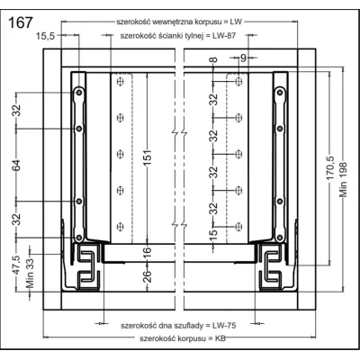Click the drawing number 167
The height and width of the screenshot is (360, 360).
tap(22, 22)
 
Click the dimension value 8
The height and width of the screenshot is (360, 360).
tap(213, 61)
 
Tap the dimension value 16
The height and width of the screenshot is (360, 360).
tap(148, 241)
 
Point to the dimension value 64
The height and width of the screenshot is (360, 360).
tap(17, 166)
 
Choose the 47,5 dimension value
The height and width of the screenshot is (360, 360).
tap(17, 266)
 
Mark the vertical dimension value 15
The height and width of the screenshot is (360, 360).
tap(213, 236)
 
